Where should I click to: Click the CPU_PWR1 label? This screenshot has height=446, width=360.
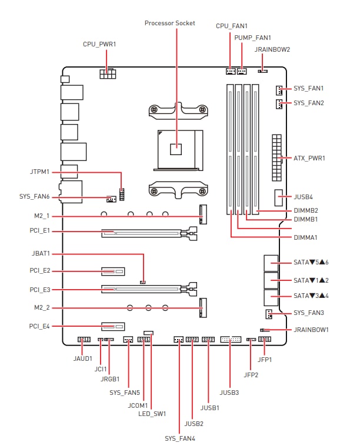[x=99, y=45]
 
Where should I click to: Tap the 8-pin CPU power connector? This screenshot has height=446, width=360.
[x=108, y=73]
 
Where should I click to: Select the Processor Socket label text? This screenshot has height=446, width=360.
[x=170, y=23]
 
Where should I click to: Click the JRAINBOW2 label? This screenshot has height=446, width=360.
[x=272, y=49]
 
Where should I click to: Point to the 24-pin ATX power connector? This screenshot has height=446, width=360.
[x=276, y=158]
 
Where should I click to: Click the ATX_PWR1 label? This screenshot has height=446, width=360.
[x=309, y=158]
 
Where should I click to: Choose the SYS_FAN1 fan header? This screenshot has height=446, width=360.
[x=279, y=90]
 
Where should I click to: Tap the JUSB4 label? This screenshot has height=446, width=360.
[x=303, y=197]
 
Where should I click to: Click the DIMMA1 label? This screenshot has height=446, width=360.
[x=305, y=237]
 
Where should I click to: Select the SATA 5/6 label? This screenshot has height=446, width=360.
[x=311, y=262]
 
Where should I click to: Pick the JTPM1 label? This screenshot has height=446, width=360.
[x=39, y=172]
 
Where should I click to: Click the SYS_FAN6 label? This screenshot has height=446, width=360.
[x=35, y=196]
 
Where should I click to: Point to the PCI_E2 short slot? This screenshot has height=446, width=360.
[x=113, y=271]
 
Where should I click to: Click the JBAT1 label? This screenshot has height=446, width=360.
[x=41, y=253]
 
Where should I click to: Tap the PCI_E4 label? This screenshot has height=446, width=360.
[x=39, y=326]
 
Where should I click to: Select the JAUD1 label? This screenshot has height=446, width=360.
[x=82, y=358]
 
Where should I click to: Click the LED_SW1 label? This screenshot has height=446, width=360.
[x=152, y=414]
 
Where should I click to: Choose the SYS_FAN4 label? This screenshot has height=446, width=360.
[x=180, y=438]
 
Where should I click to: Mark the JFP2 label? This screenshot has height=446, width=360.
[x=251, y=375]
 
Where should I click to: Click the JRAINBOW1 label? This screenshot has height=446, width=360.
[x=311, y=330]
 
